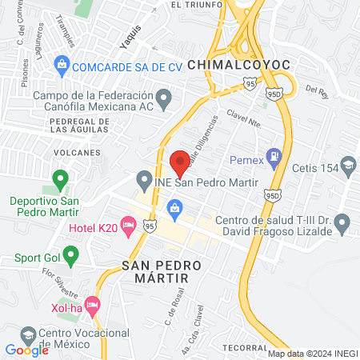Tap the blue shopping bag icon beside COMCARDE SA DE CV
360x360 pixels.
tap(62, 64)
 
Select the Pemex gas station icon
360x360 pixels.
tap(274, 156)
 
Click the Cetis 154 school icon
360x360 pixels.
tap(349, 166)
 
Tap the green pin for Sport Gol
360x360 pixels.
tap(70, 257)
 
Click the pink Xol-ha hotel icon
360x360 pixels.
tap(93, 304)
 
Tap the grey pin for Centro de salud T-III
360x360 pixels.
tap(342, 221)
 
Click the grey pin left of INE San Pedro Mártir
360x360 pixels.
tap(144, 178)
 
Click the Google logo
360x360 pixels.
tap(26, 350)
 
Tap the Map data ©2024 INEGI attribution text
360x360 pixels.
tap(311, 353)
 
